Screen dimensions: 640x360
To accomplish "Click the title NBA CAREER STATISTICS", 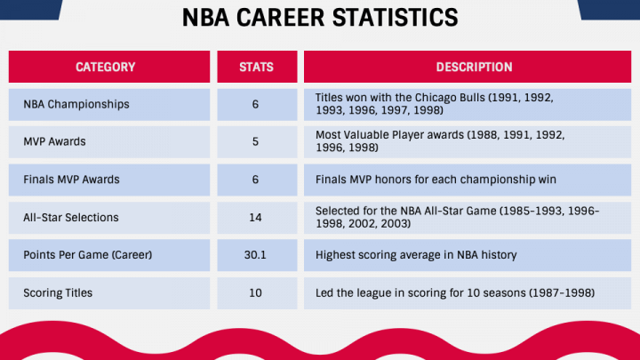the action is [x=320, y=18].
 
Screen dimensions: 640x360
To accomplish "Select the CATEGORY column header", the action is [x=105, y=67].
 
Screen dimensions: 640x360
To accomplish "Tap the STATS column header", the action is [x=256, y=67].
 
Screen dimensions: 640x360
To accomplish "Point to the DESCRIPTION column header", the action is [x=474, y=67].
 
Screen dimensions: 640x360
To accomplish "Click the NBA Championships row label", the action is [x=76, y=105].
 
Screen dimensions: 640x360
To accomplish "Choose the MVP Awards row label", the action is [x=54, y=141].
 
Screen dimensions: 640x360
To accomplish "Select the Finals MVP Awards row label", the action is [x=71, y=180].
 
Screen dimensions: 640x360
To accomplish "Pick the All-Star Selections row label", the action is [x=71, y=218].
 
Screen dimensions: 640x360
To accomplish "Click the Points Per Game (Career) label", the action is [x=88, y=255].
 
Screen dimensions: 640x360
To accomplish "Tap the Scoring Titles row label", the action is [x=58, y=293].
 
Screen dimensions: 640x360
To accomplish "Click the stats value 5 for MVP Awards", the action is [x=255, y=141].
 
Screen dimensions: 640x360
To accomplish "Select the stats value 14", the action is [x=255, y=218].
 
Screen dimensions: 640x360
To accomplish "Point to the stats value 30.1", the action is [x=255, y=255].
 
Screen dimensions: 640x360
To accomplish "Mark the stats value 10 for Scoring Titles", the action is [x=255, y=293].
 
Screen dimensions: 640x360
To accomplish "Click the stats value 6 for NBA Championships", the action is [x=255, y=105].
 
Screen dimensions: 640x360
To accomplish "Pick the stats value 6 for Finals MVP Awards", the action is [x=255, y=180].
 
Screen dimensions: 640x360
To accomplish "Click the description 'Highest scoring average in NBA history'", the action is [x=416, y=255].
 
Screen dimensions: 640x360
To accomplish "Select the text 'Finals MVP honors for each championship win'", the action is [x=436, y=180].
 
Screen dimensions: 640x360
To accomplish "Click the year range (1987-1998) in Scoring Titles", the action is [x=562, y=293].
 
